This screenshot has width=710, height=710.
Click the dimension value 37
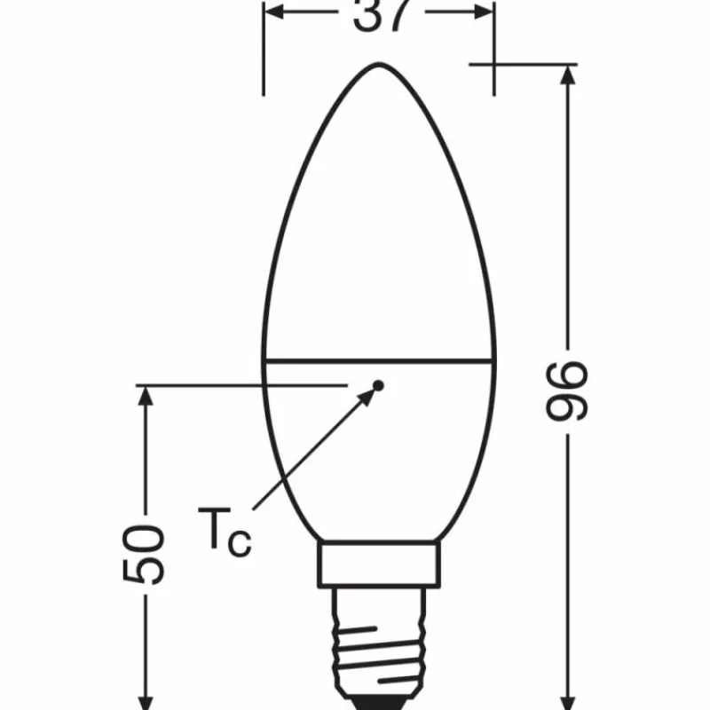[379, 14]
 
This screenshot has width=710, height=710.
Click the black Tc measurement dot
[378, 386]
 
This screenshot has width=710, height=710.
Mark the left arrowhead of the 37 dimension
[275, 12]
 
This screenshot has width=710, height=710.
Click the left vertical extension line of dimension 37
[264, 53]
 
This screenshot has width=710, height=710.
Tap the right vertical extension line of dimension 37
[494, 53]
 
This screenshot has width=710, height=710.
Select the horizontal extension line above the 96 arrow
[524, 64]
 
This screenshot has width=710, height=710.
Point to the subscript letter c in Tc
[240, 542]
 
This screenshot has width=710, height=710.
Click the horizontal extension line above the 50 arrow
[240, 385]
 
